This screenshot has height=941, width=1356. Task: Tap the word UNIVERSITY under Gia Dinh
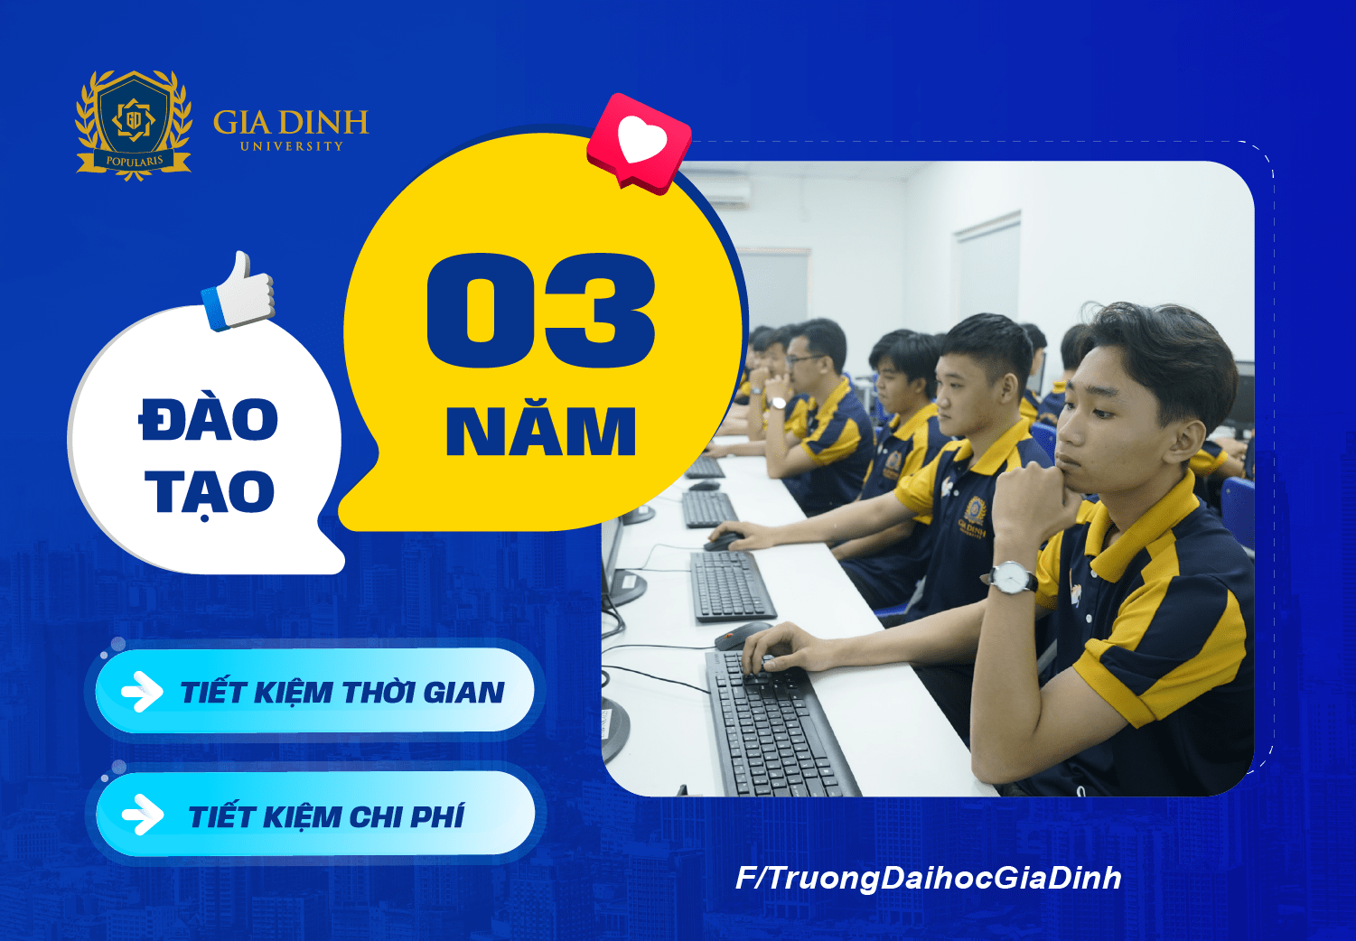point(292,146)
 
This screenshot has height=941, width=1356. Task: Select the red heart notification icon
point(639,143)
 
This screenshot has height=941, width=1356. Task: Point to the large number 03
point(540,311)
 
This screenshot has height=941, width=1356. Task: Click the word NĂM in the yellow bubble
point(541,431)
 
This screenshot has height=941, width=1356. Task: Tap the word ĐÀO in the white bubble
point(209,421)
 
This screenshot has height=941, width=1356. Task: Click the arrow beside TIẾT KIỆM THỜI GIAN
point(142,693)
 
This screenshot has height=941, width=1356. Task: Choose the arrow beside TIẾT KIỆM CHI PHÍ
point(142,816)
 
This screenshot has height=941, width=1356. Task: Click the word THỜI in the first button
point(379,693)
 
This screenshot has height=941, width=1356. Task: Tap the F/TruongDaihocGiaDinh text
point(929,878)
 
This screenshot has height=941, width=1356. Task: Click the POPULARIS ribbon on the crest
point(134,162)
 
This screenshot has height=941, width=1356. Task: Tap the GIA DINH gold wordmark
point(291,123)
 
